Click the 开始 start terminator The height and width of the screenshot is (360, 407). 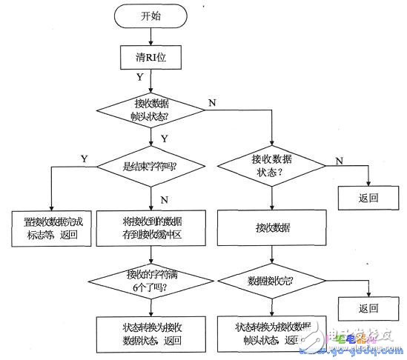click(150, 16)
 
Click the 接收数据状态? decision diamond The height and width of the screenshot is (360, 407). click(271, 165)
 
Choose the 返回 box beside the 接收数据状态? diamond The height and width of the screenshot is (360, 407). click(368, 199)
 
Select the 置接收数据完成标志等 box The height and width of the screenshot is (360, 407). click(51, 229)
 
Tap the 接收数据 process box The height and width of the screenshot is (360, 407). click(271, 229)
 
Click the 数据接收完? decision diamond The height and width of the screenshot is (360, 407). click(271, 282)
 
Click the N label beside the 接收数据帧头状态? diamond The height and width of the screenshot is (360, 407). click(212, 101)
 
